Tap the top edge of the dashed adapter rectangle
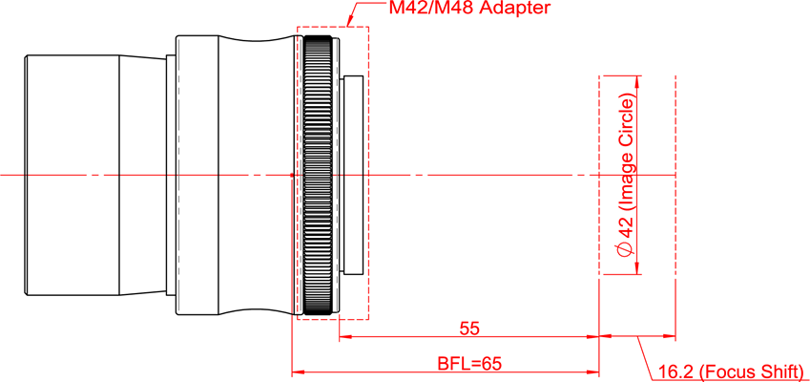333,27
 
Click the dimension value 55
469,329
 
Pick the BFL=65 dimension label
469,363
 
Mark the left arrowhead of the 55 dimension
344,336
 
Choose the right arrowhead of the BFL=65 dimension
592,371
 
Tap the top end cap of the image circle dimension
620,74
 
